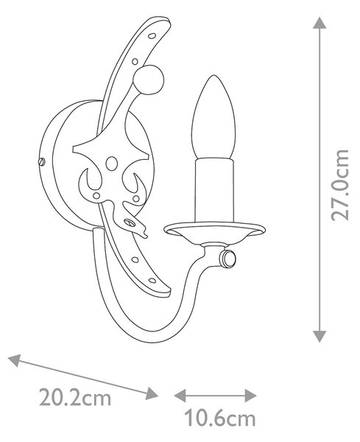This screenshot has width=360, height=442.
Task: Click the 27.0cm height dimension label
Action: click(340, 185)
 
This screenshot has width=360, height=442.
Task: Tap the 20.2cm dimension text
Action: click(75, 398)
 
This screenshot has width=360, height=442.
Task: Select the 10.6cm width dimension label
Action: click(219, 419)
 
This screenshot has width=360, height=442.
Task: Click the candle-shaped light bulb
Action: click(213, 117)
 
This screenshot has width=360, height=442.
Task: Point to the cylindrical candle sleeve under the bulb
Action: click(215, 191)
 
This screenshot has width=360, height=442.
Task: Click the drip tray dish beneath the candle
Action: click(215, 232)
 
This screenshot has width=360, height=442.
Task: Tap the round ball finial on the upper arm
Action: click(148, 80)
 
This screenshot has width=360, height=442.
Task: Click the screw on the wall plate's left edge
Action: click(41, 161)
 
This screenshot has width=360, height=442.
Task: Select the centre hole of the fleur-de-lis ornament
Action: click(112, 164)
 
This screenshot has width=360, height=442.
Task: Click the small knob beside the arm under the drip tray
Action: click(227, 259)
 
